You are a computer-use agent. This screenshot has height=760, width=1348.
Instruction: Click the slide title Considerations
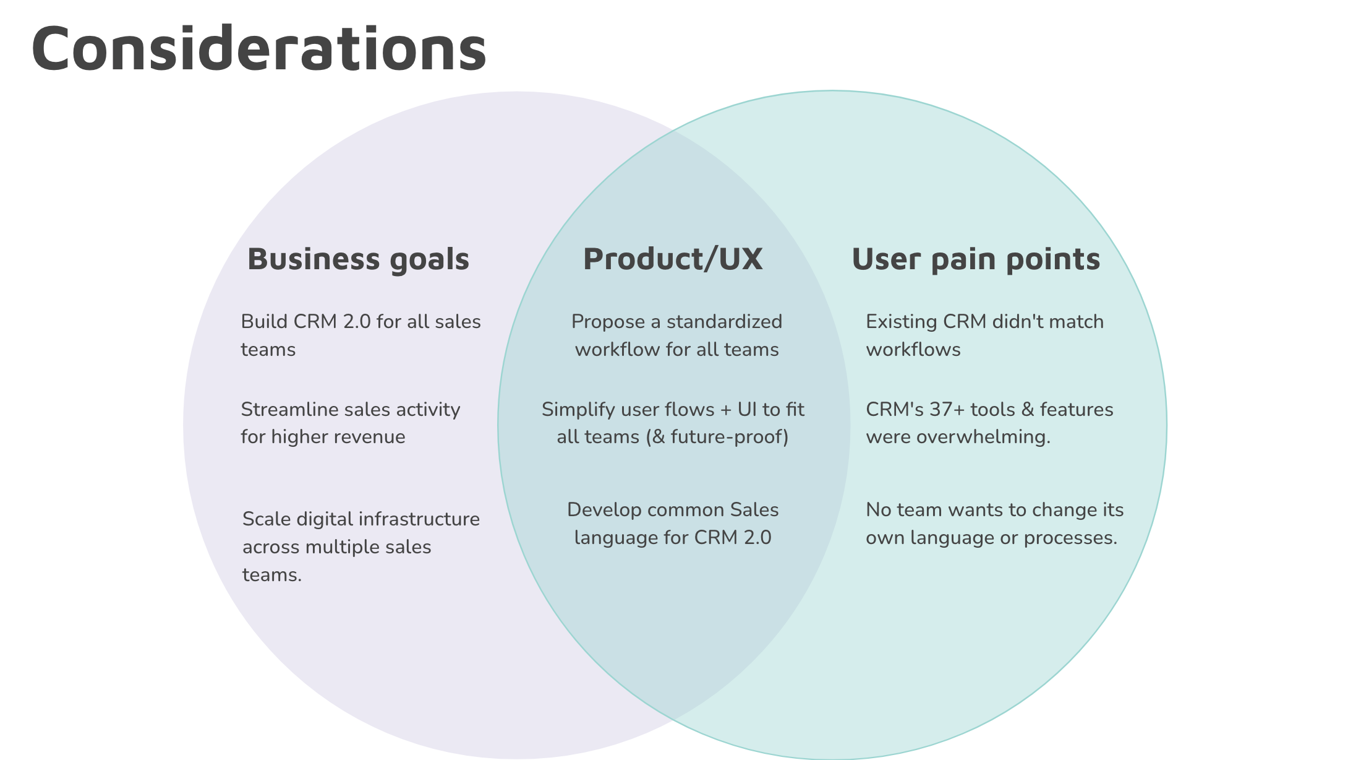pyautogui.click(x=259, y=48)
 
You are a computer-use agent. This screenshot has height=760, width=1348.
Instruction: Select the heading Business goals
pyautogui.click(x=359, y=259)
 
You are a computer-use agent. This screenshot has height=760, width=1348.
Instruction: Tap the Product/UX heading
pyautogui.click(x=673, y=259)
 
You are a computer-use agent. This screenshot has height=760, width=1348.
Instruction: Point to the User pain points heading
pyautogui.click(x=976, y=259)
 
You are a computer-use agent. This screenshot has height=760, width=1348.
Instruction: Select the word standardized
pyautogui.click(x=724, y=322)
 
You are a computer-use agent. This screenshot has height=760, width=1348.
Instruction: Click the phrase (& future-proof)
pyautogui.click(x=717, y=437)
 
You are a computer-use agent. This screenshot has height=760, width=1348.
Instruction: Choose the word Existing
pyautogui.click(x=902, y=322)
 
